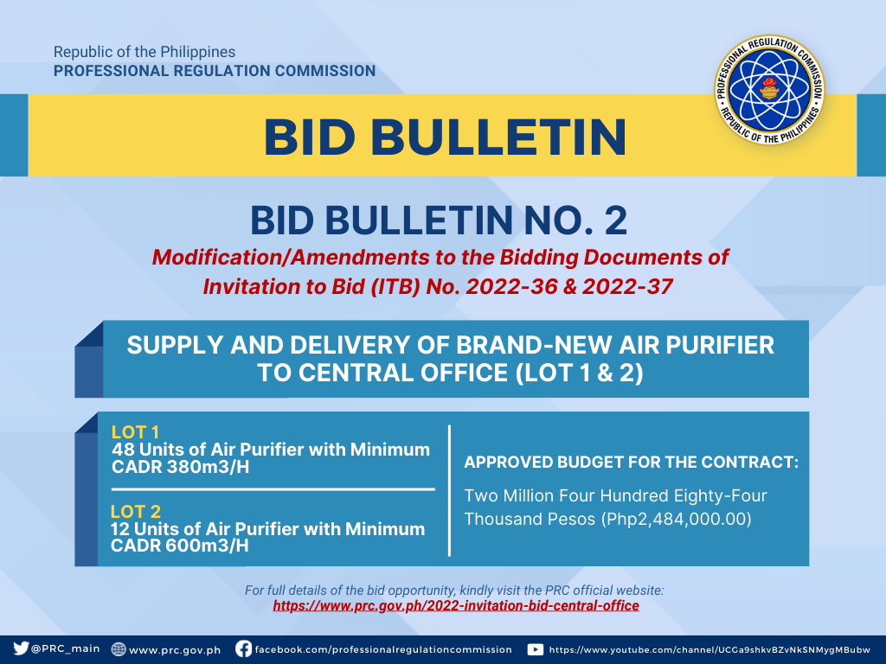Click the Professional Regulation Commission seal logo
point(769,89)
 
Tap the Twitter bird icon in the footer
point(21,648)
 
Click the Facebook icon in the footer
point(243,648)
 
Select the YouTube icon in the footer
point(535,649)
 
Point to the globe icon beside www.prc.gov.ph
point(118,649)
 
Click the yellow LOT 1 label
point(135,432)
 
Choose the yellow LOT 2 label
point(136,512)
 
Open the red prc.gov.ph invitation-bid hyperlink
point(456,606)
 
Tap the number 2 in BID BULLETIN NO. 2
point(615,220)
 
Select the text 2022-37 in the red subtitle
point(627,286)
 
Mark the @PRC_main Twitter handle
point(66,648)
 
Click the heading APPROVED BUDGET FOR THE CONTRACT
point(631,462)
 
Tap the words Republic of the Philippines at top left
point(144,52)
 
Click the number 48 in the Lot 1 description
point(123,450)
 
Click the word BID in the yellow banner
point(310,137)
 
